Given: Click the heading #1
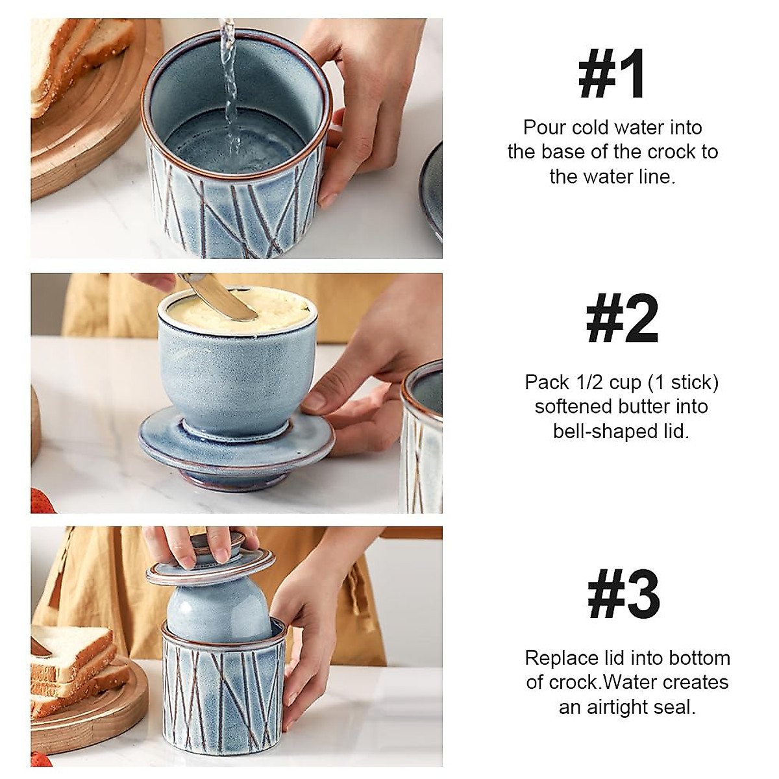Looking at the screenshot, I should [612, 75].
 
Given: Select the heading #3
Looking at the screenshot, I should [623, 595].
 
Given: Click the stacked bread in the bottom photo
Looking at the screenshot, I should [71, 662].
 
